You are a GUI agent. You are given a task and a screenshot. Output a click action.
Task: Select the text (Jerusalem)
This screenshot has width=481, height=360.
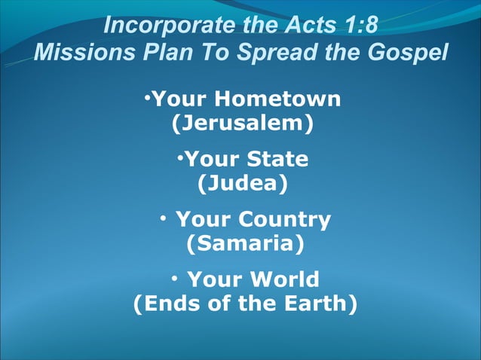[x=242, y=123]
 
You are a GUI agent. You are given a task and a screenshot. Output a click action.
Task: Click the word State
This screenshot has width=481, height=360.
[x=278, y=160]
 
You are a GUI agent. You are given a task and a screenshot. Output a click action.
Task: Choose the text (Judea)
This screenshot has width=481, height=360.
[x=242, y=184]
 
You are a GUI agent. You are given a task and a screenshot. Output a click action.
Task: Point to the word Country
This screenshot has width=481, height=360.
[x=284, y=220]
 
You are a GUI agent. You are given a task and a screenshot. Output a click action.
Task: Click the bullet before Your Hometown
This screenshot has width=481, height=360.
[x=149, y=97]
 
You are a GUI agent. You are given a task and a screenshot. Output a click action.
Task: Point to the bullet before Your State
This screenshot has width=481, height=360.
[x=180, y=157]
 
